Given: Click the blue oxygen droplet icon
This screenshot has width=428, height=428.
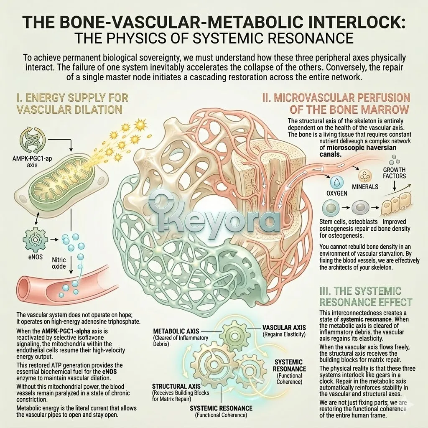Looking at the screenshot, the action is click(x=336, y=182).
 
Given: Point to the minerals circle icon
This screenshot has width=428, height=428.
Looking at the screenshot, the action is click(x=365, y=176).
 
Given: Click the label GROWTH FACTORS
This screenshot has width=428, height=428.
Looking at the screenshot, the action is click(x=394, y=173).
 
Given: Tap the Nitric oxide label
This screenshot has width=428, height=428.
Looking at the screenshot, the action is click(x=59, y=263).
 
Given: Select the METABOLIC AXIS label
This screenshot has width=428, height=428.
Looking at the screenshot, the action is click(x=176, y=331).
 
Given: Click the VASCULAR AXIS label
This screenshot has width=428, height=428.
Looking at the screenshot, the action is click(x=284, y=328).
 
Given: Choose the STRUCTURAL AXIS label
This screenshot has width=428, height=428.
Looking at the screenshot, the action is click(x=176, y=386).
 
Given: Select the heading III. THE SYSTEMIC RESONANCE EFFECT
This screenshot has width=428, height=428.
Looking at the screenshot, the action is click(x=366, y=296).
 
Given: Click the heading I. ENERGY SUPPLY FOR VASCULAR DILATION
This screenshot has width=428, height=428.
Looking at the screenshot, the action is click(x=72, y=104).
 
